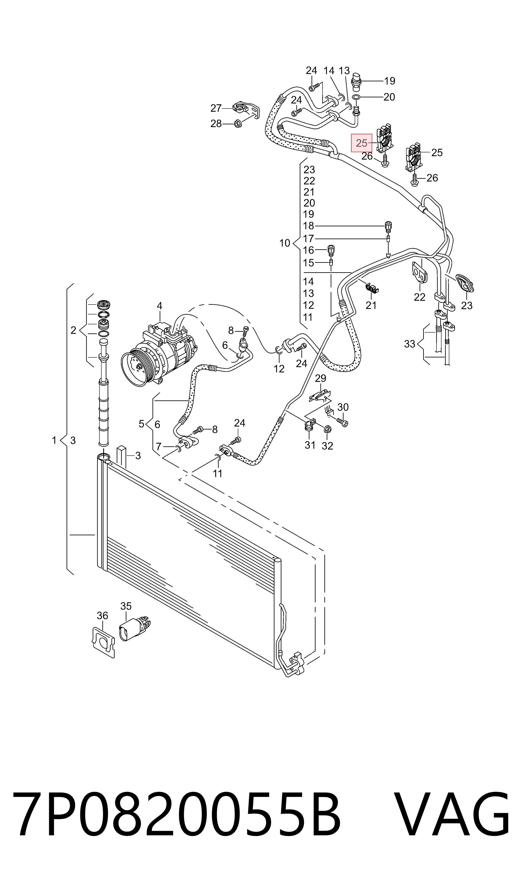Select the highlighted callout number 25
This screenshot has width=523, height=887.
coord(362,143)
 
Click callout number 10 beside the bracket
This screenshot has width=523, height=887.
coord(285,243)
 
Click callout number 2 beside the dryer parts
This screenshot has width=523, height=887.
coord(73,330)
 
